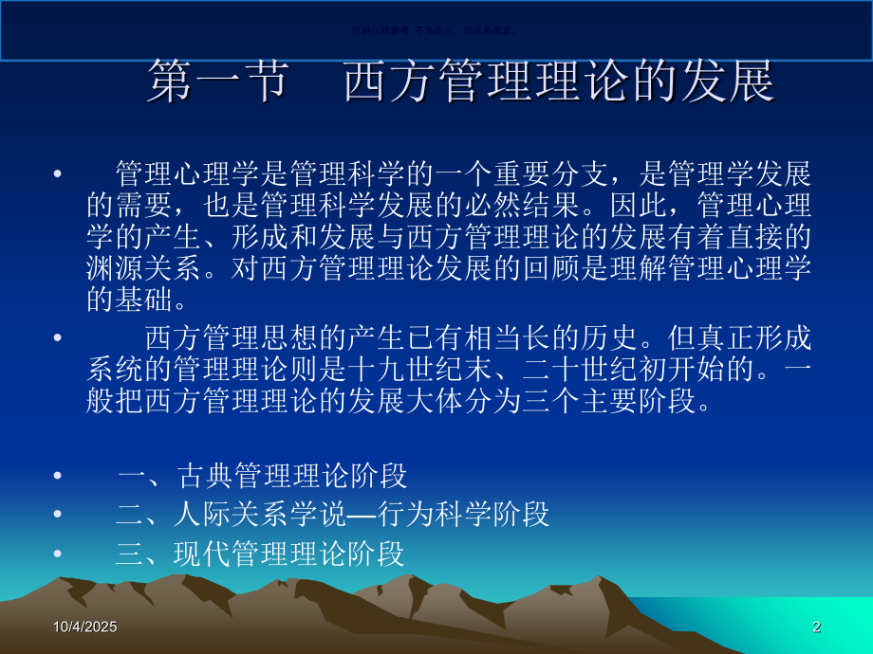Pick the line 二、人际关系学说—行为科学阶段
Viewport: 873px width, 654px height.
pyautogui.click(x=332, y=514)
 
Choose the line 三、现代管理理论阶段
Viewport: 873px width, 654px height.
pyautogui.click(x=260, y=553)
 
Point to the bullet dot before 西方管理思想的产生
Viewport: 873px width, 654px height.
pyautogui.click(x=59, y=338)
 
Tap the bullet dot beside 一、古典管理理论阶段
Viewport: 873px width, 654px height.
pyautogui.click(x=59, y=475)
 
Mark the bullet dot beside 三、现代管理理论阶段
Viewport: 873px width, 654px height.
pyautogui.click(x=59, y=553)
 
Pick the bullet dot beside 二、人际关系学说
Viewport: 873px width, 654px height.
pyautogui.click(x=59, y=514)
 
